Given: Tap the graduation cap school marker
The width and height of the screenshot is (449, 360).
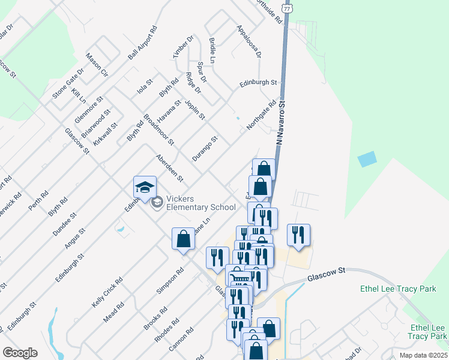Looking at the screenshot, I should tap(145, 188).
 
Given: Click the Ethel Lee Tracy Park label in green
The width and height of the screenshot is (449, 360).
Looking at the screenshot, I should tap(398, 289).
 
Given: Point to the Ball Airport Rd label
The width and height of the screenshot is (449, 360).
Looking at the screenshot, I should tap(142, 43).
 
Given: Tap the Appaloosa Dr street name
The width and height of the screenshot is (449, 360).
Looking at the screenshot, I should tap(249, 41).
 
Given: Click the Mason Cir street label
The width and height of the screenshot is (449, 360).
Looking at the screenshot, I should tap(97, 65).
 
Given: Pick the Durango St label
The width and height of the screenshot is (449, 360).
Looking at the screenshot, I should tap(204, 148).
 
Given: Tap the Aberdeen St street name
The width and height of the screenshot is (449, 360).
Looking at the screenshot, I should tap(169, 169).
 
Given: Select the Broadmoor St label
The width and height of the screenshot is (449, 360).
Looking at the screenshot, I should tap(159, 130).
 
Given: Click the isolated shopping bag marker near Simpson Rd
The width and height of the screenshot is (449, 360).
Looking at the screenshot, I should tap(183, 239).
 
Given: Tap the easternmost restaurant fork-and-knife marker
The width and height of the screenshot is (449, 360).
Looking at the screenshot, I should tap(298, 234).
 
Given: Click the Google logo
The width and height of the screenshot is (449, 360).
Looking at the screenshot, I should tap(20, 353).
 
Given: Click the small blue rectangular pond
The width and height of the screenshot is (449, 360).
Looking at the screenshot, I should tap(367, 160).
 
